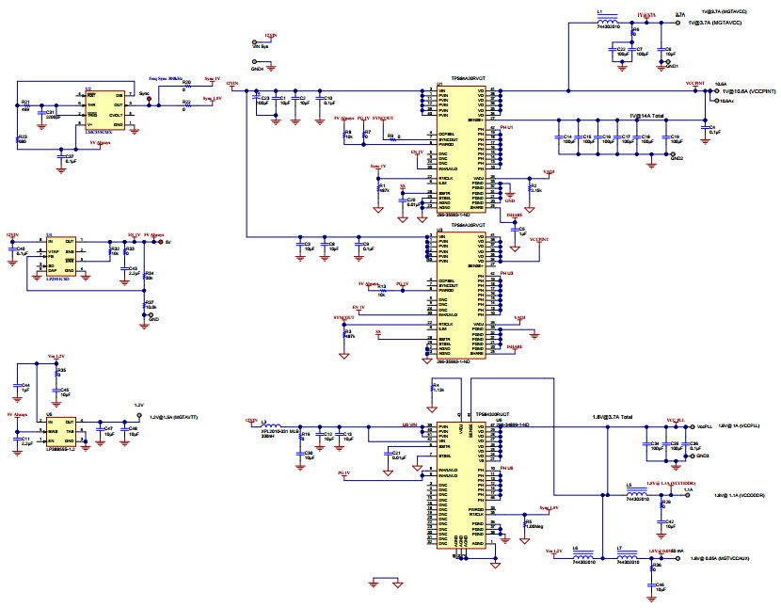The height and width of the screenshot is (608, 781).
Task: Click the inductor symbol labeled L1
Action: pos(607,16)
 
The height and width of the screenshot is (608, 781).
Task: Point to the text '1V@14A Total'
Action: pos(646,115)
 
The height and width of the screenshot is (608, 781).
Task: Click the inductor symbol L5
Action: pos(638,489)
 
